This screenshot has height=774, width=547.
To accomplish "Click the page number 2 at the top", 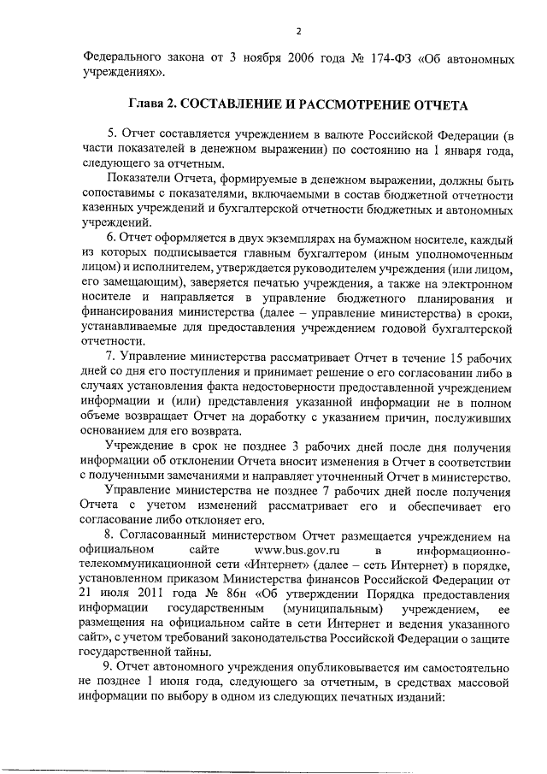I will tap(298, 32).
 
